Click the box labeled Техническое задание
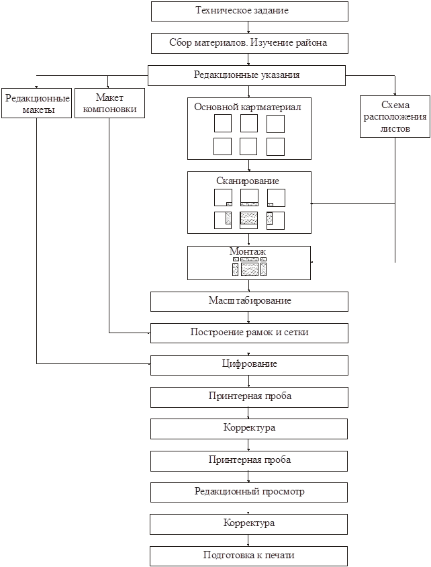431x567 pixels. (x=249, y=11)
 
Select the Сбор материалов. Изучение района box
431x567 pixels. (x=249, y=44)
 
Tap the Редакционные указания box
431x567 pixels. (x=246, y=75)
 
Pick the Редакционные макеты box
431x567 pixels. (x=36, y=103)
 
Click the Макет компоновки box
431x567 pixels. (x=109, y=103)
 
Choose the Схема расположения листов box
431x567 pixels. (x=395, y=116)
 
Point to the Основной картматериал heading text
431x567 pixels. (x=248, y=107)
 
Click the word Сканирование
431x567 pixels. (x=248, y=181)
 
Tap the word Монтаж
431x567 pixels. (x=248, y=251)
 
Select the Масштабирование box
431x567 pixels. (x=249, y=301)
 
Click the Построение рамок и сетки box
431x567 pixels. (x=249, y=333)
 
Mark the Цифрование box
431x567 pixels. (x=249, y=365)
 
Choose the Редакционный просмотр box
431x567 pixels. (x=249, y=492)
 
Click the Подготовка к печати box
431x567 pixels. (x=248, y=556)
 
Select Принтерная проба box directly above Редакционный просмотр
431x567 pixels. (x=248, y=461)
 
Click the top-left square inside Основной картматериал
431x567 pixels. (x=222, y=124)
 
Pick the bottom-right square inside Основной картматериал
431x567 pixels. (x=275, y=146)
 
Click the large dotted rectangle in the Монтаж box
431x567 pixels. (x=250, y=269)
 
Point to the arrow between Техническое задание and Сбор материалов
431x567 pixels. (x=249, y=28)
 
